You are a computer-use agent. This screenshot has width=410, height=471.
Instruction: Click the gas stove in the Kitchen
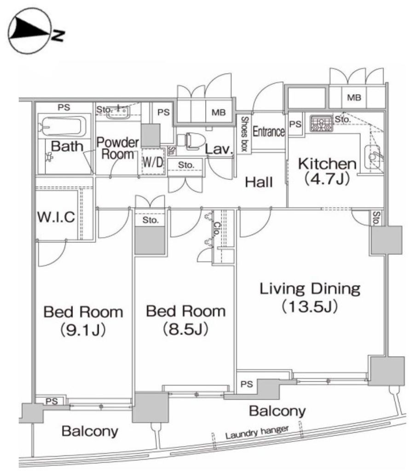(x=320, y=123)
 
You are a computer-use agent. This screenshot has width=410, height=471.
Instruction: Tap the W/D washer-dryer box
(x=152, y=161)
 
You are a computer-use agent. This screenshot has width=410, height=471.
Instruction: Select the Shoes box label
(x=244, y=133)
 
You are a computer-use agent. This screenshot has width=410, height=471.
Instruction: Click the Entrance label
(x=269, y=132)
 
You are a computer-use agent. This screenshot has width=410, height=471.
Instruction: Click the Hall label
(x=259, y=182)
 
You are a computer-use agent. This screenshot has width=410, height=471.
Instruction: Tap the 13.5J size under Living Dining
(x=310, y=306)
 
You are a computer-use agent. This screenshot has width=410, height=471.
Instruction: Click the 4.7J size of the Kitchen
(x=327, y=179)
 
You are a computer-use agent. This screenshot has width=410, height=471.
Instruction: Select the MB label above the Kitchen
(x=353, y=98)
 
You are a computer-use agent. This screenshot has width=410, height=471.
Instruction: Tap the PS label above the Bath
(x=64, y=107)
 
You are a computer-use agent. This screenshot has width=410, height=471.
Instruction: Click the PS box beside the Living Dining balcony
(x=247, y=384)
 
